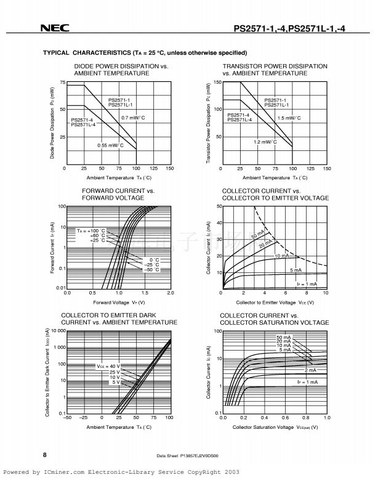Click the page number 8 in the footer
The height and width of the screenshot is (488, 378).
coord(45,455)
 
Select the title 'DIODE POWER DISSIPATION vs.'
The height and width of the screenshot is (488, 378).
coord(121,66)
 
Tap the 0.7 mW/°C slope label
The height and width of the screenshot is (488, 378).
coord(133,118)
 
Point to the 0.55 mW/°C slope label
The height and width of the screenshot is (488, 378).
coord(111,145)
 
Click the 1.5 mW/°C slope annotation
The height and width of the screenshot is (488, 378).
coord(289,118)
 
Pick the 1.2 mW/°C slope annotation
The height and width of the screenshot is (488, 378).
coord(265,142)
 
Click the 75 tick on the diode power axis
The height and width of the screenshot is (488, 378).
coord(62,83)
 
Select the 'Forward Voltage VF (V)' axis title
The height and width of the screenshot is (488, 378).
coord(119,303)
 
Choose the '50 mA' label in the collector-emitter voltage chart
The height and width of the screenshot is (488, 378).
coord(257,235)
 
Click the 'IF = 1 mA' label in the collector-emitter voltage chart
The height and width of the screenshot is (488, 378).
coord(307,284)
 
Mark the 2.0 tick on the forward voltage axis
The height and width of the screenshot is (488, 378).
coord(171,293)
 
